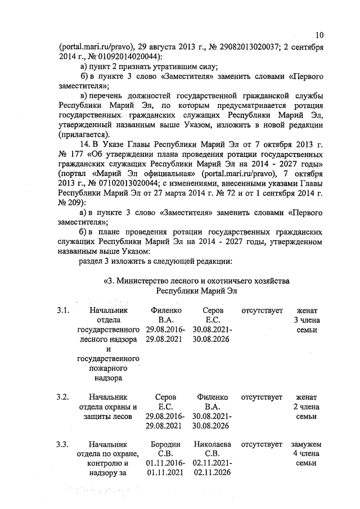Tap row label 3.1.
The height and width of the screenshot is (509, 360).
click(63, 310)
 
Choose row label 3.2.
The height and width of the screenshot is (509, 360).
click(63, 397)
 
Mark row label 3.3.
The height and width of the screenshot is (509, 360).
click(63, 444)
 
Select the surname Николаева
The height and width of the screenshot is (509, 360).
click(212, 444)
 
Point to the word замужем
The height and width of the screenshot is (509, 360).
click(305, 444)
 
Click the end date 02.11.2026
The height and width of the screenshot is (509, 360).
click(212, 473)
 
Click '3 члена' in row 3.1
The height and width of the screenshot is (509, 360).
click(305, 320)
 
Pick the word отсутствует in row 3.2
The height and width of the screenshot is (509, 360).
click(261, 397)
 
